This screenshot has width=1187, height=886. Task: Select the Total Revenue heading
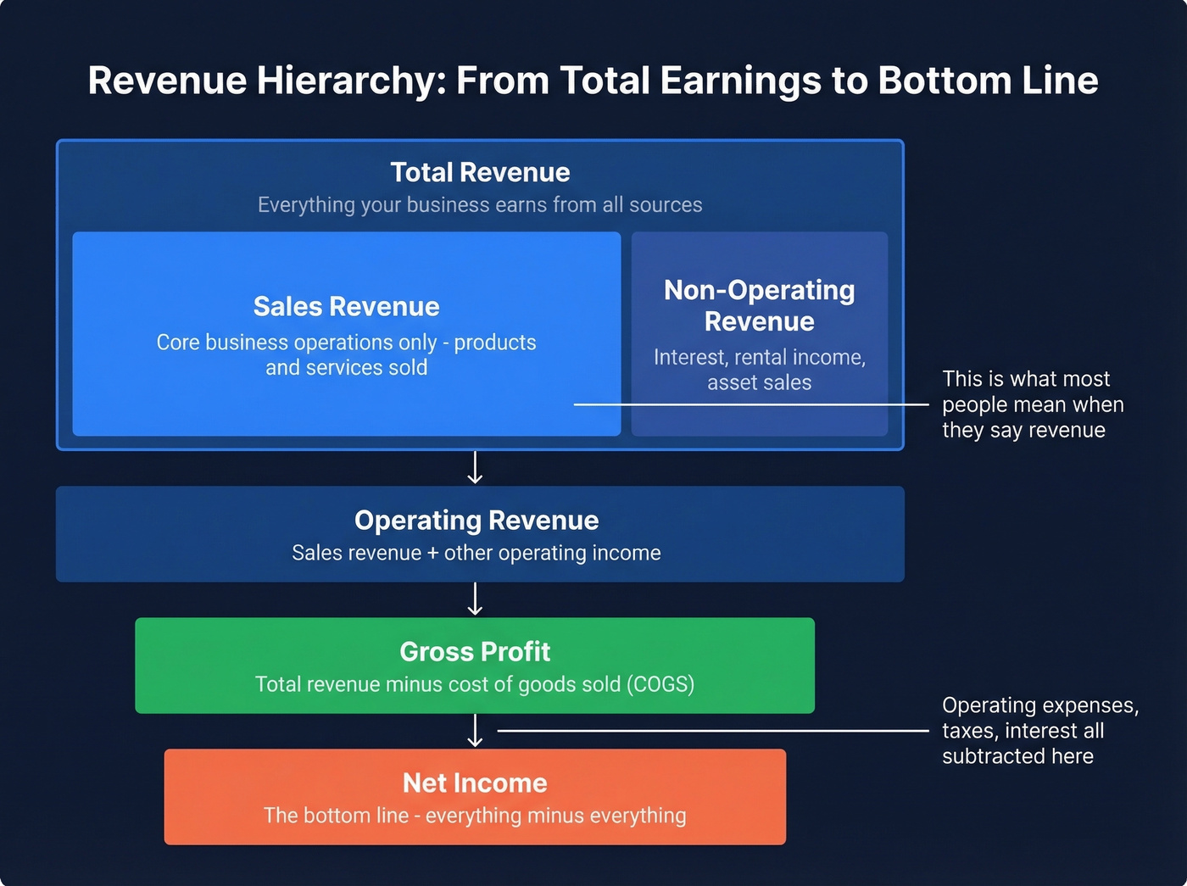tap(480, 172)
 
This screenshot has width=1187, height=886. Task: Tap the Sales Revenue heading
tap(346, 306)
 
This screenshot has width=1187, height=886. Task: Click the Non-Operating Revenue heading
tap(759, 305)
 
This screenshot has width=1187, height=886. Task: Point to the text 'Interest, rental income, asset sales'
tap(759, 370)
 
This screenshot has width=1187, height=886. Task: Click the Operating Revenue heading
tap(476, 520)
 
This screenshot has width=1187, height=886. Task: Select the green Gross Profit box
tap(475, 665)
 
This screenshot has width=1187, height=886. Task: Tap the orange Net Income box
tap(475, 796)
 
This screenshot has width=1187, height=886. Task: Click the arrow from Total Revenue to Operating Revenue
tap(475, 467)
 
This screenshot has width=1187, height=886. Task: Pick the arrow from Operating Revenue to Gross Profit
tap(475, 599)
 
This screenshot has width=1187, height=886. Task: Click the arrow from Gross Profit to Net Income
tap(475, 730)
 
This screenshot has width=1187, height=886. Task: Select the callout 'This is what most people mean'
tap(1032, 404)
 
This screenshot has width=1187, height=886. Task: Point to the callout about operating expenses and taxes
tap(1039, 731)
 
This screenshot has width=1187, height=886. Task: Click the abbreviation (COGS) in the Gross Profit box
tap(660, 684)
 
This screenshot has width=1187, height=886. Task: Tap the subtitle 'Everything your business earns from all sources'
tap(480, 205)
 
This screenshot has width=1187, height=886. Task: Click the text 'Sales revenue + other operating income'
tap(476, 553)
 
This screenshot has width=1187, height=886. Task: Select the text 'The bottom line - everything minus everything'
tap(475, 816)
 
